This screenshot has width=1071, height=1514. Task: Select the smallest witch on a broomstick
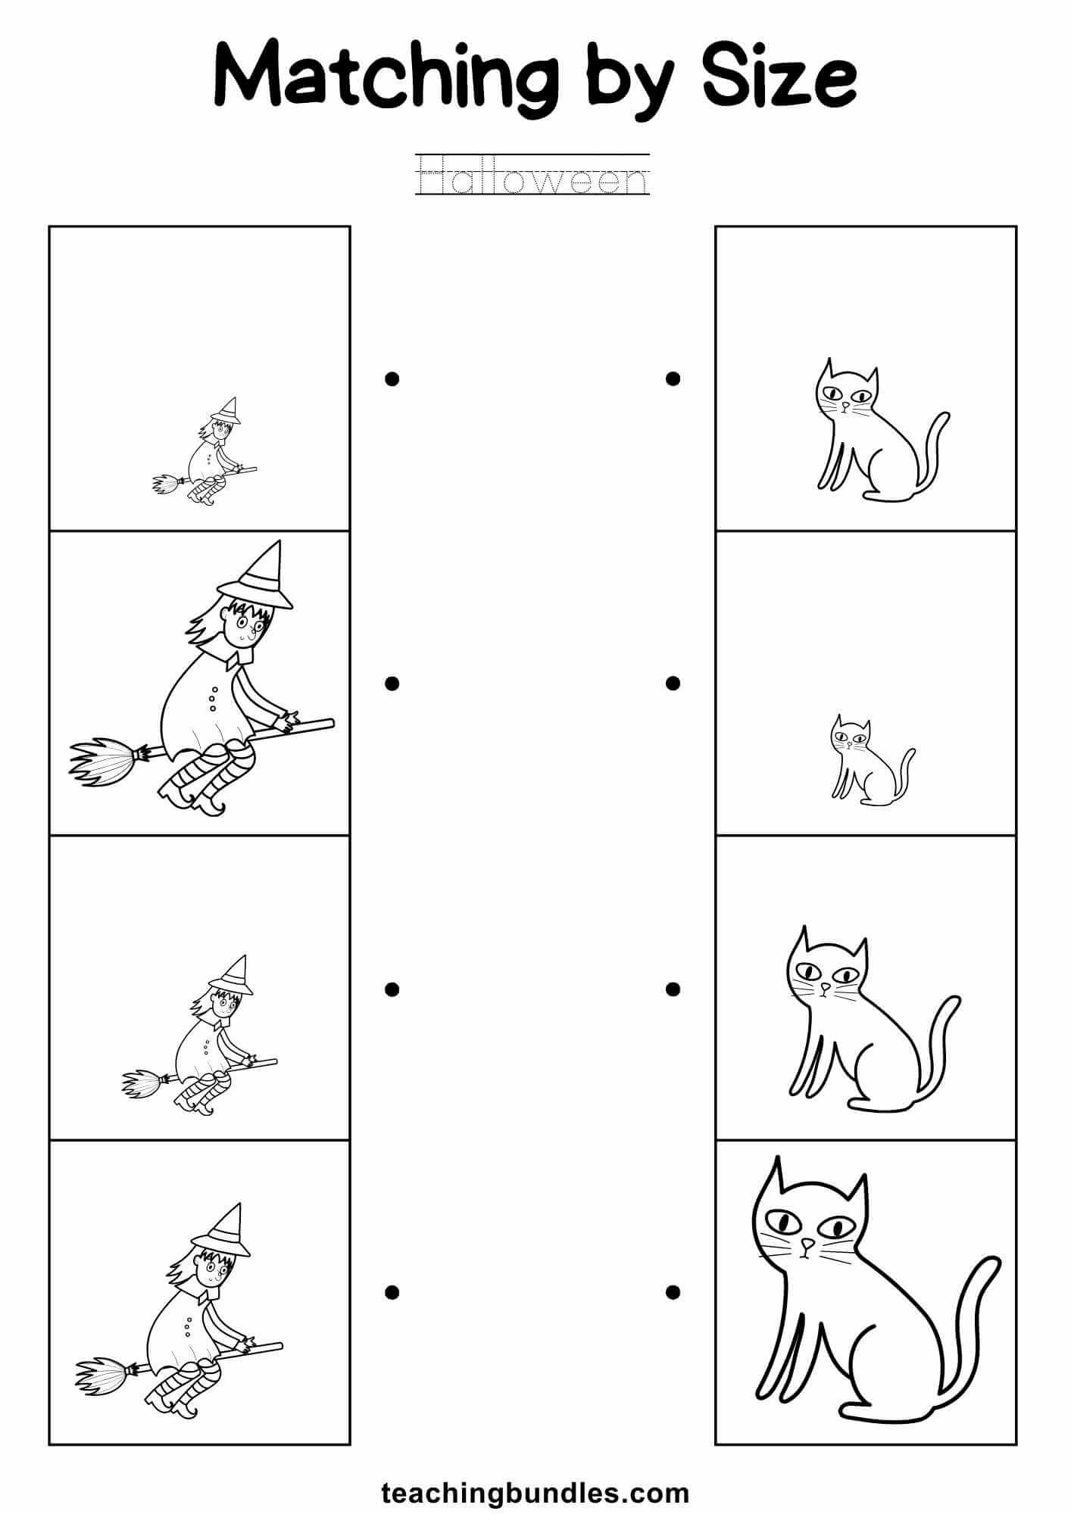click(206, 453)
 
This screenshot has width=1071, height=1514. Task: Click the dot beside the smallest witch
click(392, 378)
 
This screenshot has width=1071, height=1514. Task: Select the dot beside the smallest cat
click(673, 684)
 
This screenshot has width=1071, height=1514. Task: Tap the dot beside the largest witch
click(392, 684)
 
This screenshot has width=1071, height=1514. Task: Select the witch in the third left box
click(205, 1037)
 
